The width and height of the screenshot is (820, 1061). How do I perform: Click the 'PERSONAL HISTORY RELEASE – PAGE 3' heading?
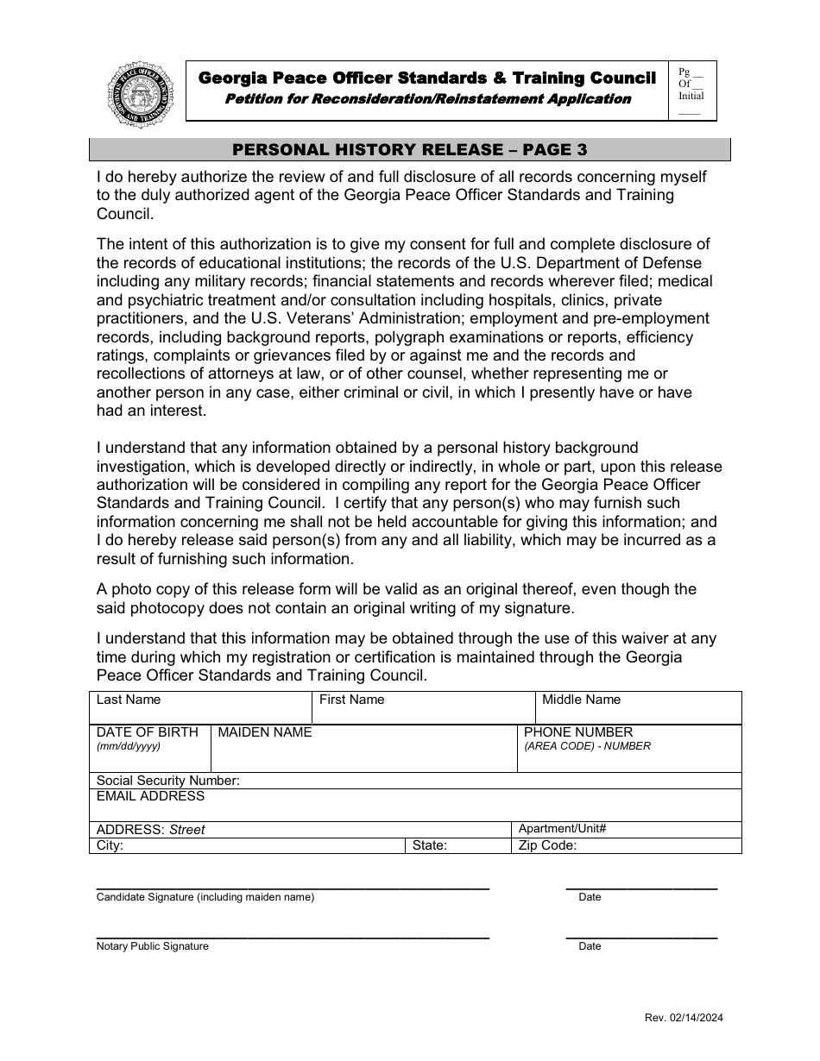coord(410,149)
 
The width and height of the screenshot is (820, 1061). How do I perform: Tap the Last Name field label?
coord(129,700)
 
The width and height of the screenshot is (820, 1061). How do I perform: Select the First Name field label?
coord(351,700)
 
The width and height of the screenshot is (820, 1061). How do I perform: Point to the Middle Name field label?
coord(581,700)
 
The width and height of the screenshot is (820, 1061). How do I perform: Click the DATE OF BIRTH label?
coord(148,732)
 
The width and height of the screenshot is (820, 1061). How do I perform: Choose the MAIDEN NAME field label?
coord(265,732)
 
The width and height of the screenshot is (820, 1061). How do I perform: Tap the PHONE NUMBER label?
coord(578,732)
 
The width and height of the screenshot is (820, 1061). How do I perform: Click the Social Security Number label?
coord(168,781)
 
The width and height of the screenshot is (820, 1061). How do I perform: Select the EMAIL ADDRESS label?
coord(150,796)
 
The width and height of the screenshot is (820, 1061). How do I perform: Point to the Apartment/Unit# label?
coord(562,829)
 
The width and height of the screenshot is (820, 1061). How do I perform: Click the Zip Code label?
coord(547,845)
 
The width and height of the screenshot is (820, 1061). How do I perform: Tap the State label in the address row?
coord(430,845)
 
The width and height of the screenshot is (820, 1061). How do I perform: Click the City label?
coord(110,845)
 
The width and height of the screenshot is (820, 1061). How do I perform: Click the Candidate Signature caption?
coord(205,897)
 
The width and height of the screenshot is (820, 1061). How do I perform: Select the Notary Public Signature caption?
coord(153,946)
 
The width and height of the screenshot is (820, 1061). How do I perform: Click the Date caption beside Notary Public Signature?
coord(590,946)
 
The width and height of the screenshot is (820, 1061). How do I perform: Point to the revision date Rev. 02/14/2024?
coord(684,1018)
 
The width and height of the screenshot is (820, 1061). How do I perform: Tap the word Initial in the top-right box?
coord(691,97)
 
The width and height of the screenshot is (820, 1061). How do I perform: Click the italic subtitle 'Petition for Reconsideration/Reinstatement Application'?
coord(427,98)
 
